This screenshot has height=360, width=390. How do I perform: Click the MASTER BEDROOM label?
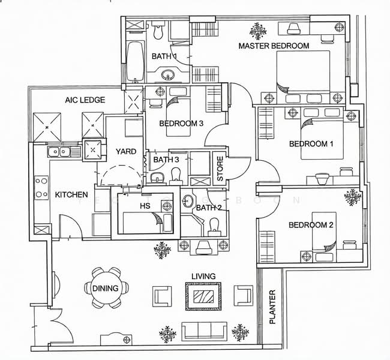[x=274, y=46]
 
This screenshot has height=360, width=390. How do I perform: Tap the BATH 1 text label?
[x=164, y=56]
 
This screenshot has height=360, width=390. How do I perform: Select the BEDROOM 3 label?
[x=181, y=124]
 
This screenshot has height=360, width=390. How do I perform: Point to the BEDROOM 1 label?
[x=311, y=144]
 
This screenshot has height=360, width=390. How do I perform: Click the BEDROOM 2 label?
[x=310, y=226]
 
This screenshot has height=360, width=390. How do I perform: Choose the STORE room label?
[x=220, y=170]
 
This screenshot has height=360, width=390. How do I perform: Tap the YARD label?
[x=125, y=152]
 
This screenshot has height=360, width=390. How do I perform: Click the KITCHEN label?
[x=72, y=195]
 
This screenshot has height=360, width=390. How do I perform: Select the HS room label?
[x=145, y=206]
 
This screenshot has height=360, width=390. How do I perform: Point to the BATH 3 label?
[x=166, y=160]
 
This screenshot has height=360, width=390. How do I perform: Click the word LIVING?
[x=203, y=277]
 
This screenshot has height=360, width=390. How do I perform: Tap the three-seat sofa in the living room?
[x=204, y=330]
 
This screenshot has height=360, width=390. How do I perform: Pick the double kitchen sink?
[x=58, y=151]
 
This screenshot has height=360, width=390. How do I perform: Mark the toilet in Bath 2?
[x=213, y=226]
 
